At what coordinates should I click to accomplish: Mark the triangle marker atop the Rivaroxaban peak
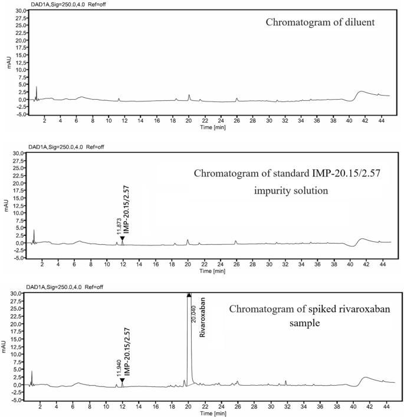click(x=189, y=295)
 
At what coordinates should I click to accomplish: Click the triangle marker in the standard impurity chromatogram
click(x=123, y=238)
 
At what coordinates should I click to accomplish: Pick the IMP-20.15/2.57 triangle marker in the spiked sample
click(x=123, y=380)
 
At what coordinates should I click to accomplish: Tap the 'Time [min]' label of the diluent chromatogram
click(x=212, y=127)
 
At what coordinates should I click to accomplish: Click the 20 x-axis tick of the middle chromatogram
click(x=188, y=265)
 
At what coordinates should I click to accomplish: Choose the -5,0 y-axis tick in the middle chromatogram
click(x=19, y=258)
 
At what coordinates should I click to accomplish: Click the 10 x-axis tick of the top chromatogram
click(x=109, y=120)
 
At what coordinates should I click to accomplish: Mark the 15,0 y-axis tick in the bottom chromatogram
click(x=19, y=339)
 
